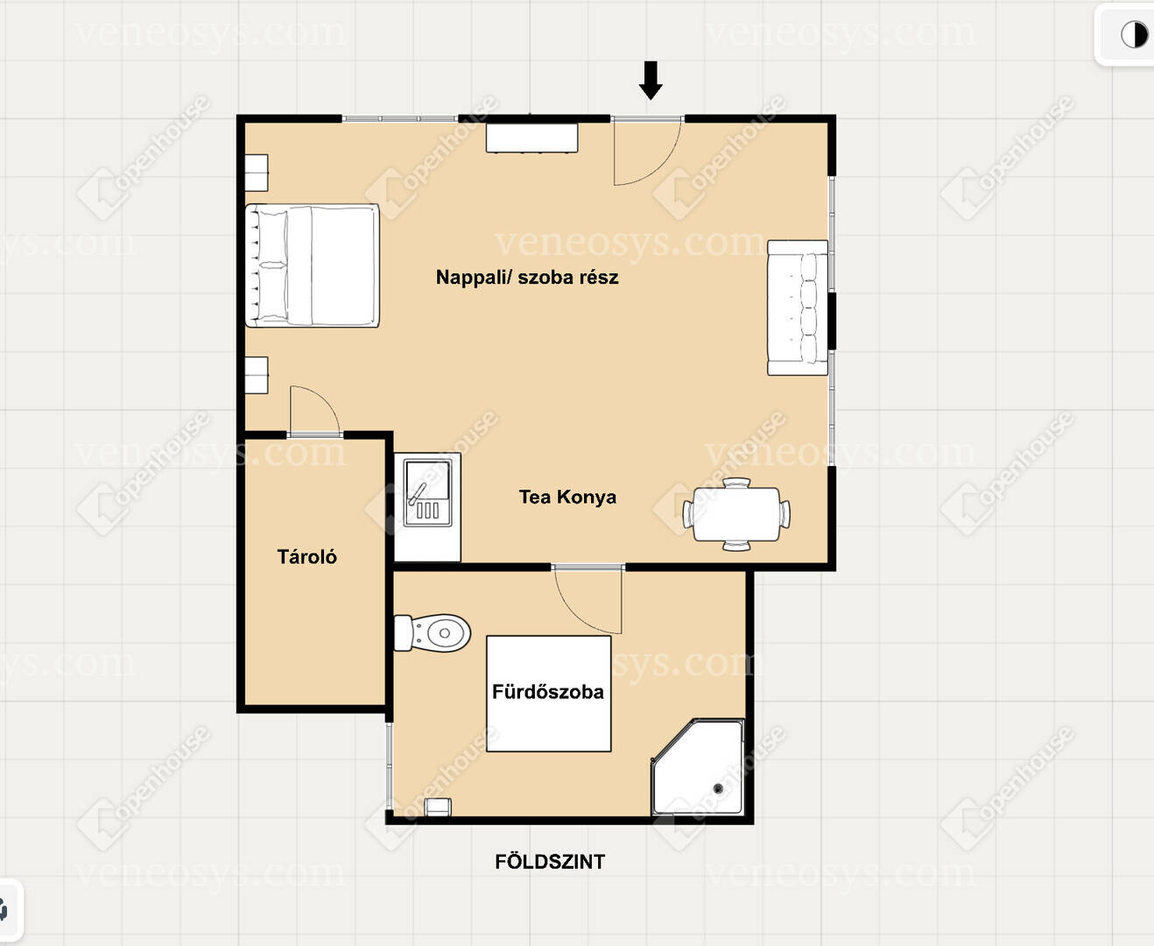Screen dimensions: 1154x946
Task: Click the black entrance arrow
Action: tap(651, 80)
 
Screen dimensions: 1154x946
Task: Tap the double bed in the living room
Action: tap(312, 265)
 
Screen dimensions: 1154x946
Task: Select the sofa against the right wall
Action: tap(798, 307)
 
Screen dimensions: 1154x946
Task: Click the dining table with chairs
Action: tap(736, 513)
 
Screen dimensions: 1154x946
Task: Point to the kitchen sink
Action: tap(428, 492)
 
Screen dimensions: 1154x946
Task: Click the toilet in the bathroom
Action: tap(433, 632)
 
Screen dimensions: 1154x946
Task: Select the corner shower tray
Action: tap(698, 766)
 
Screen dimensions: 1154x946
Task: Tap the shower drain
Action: tap(718, 788)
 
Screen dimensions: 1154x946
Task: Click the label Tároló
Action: tap(307, 557)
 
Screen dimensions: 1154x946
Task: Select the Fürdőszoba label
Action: tap(548, 691)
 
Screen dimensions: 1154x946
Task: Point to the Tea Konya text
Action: tap(567, 497)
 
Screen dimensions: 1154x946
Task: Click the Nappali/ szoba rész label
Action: tap(527, 277)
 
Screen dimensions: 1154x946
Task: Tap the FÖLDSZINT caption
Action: tap(550, 862)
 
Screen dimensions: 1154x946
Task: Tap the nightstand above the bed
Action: tap(256, 173)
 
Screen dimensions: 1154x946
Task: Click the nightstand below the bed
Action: tap(256, 375)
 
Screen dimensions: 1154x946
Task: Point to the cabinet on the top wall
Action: tap(531, 138)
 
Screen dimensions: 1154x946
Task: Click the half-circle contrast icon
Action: tap(1135, 35)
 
